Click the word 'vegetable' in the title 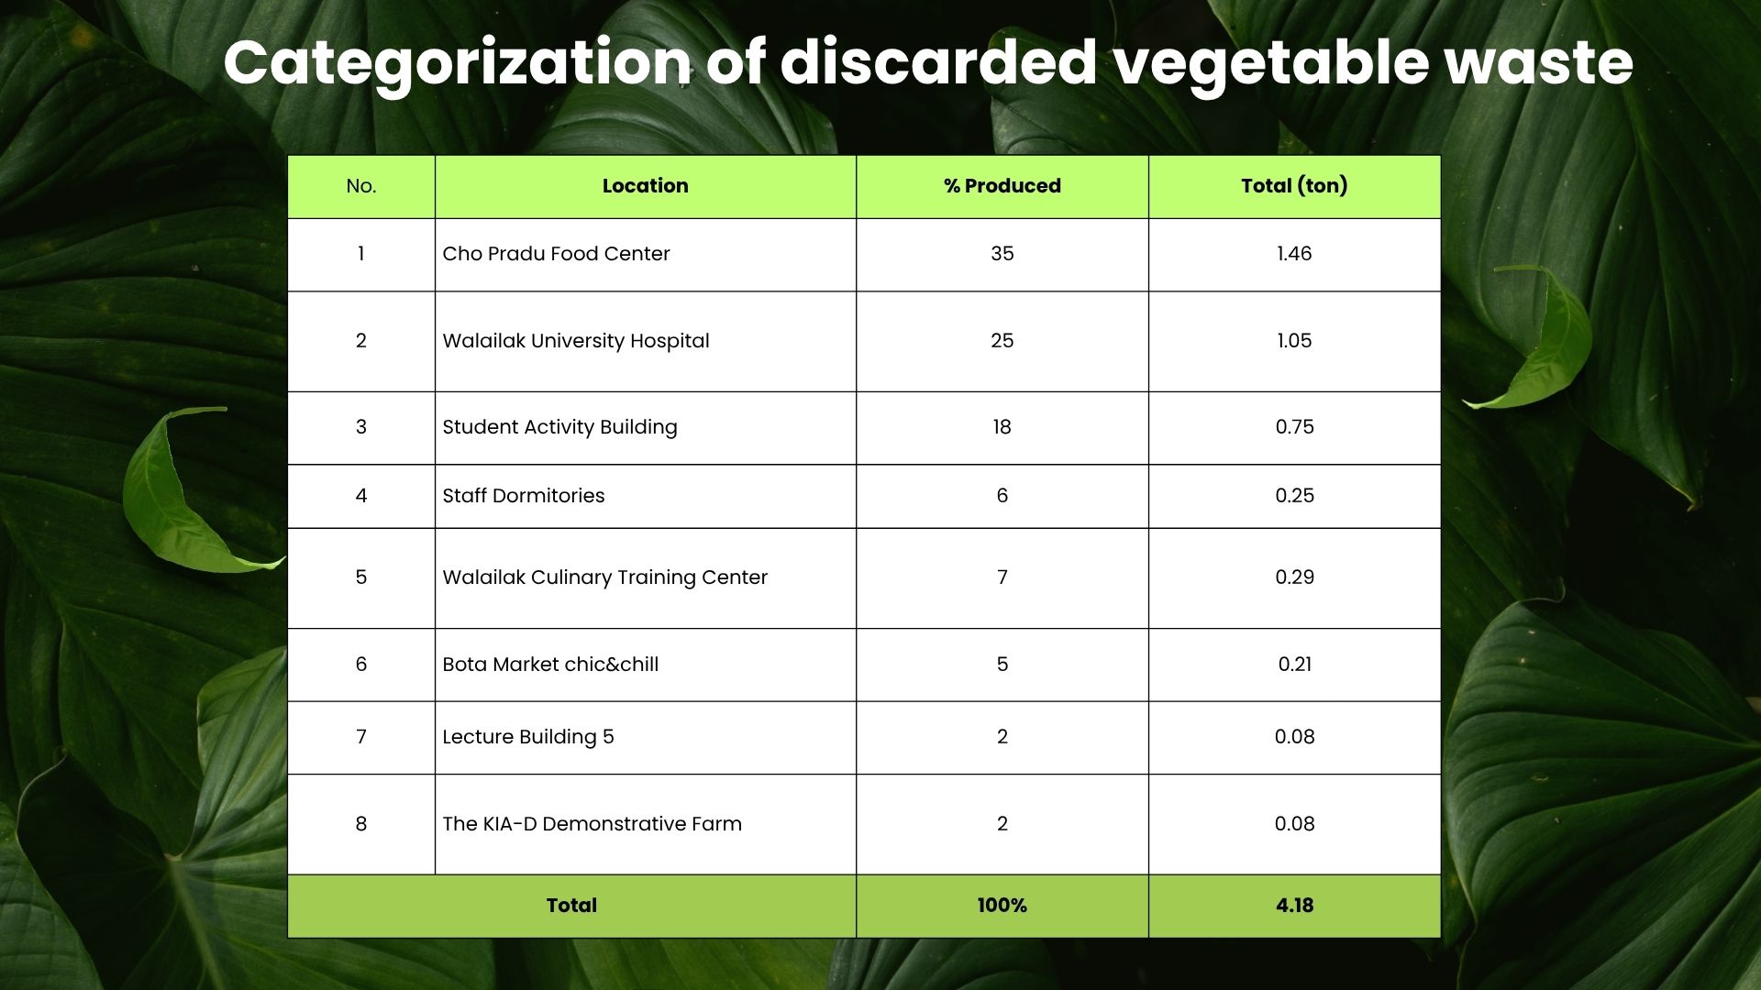click(1271, 64)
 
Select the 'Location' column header click(645, 186)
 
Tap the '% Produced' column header click(1002, 186)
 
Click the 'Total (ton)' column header click(1294, 186)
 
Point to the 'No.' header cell click(360, 186)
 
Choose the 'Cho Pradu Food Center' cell click(556, 254)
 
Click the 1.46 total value click(1294, 254)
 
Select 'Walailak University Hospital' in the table click(575, 341)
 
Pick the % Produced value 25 click(1002, 341)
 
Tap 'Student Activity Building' click(559, 427)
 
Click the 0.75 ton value click(1294, 427)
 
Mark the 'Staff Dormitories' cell click(523, 496)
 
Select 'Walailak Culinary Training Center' click(604, 577)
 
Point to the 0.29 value click(1294, 577)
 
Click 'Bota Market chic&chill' click(550, 665)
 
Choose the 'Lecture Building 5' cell click(527, 737)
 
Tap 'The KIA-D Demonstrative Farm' click(592, 824)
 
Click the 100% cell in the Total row click(1002, 906)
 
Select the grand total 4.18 click(1294, 906)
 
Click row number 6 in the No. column click(360, 665)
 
